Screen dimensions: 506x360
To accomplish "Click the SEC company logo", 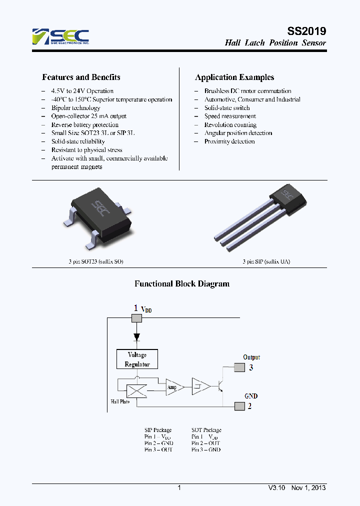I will point(60,37).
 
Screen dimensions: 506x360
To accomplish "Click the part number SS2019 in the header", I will point(307,31).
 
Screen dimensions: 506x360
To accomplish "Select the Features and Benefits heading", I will point(81,77).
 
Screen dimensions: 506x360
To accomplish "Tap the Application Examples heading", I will point(234,77).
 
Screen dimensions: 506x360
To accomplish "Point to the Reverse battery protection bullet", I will point(84,124).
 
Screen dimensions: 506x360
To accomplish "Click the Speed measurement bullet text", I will point(230,116).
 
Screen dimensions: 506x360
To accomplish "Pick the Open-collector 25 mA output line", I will point(88,116).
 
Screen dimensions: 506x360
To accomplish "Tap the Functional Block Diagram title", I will point(182,283).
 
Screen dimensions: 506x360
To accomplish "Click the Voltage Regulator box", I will point(137,359).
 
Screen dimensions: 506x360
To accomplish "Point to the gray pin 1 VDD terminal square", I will point(136,318).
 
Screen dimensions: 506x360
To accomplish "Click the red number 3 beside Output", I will point(251,367).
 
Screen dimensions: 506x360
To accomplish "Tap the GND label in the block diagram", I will point(251,396).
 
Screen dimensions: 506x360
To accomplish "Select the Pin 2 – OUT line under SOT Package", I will point(205,443).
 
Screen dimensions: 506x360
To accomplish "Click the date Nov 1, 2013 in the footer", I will point(308,487).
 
